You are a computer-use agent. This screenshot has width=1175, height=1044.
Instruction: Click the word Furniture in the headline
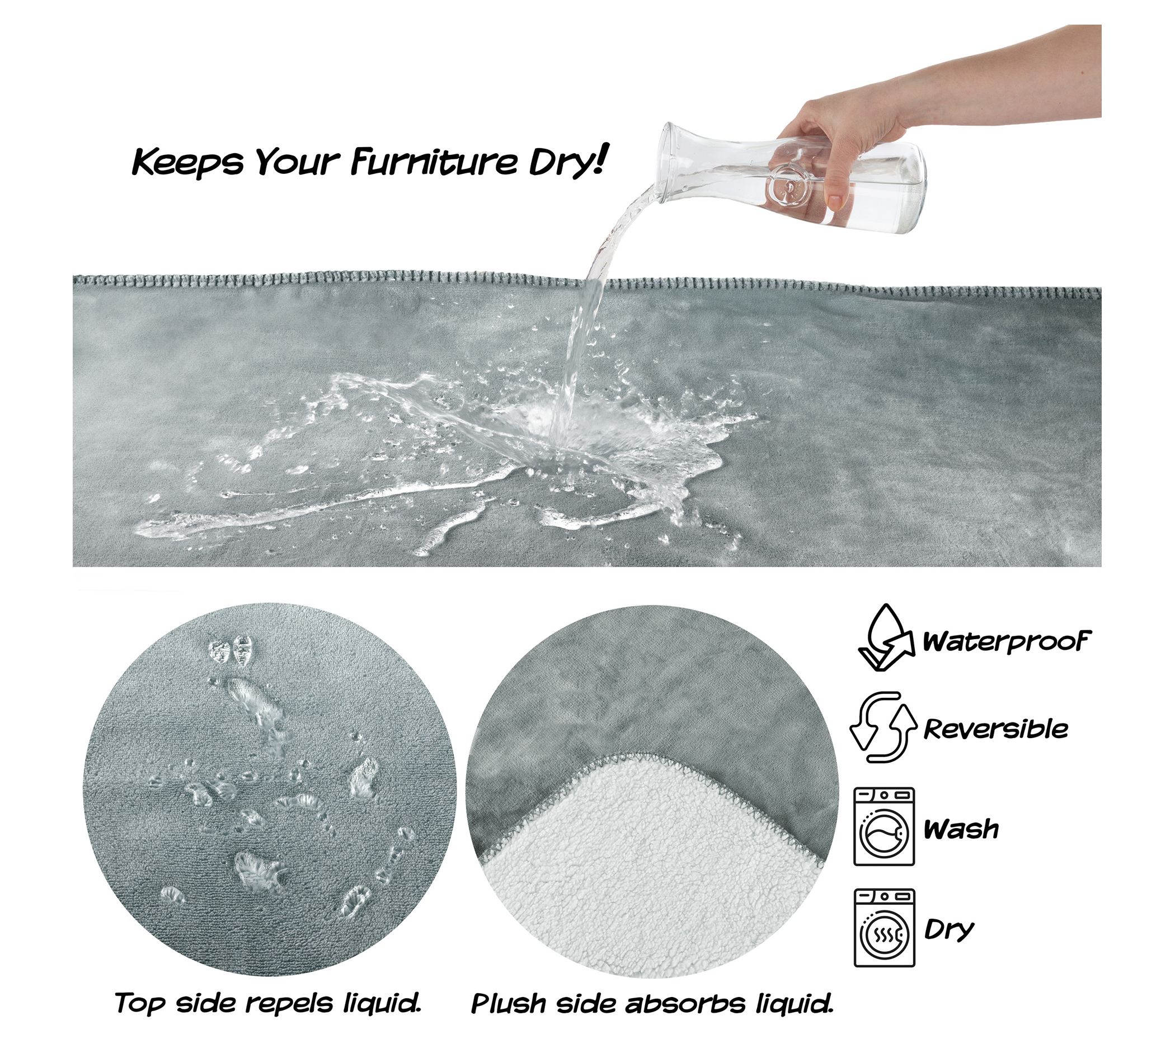tap(434, 162)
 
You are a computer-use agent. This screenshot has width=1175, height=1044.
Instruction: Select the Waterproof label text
tap(1007, 641)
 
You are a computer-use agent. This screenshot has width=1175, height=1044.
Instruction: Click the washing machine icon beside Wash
tap(884, 826)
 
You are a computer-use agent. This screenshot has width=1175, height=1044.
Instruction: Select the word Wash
tap(961, 829)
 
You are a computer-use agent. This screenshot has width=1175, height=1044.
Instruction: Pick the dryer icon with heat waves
tap(884, 927)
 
